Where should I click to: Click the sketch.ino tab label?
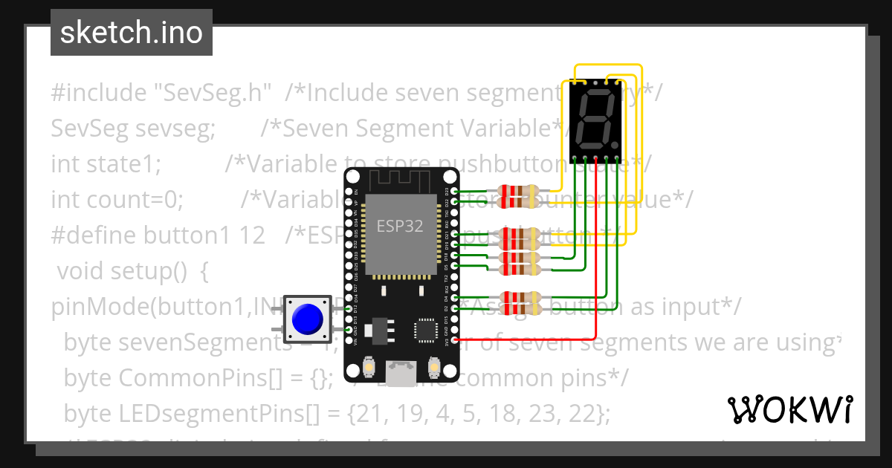[x=131, y=33]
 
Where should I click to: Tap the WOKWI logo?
[x=789, y=409]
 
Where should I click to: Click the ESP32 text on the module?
[x=400, y=226]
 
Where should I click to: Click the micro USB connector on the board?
[x=401, y=371]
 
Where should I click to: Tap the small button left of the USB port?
[x=369, y=366]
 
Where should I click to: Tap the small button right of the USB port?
[x=434, y=366]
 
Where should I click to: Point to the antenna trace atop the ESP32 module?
[x=401, y=181]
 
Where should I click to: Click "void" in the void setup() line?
[x=81, y=271]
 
